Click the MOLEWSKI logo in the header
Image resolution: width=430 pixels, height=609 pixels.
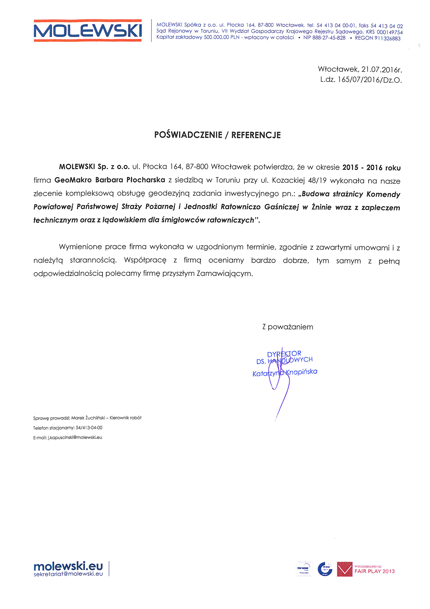point(88,30)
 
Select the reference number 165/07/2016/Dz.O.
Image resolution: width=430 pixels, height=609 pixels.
point(370,80)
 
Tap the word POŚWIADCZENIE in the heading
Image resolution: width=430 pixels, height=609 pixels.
point(188,135)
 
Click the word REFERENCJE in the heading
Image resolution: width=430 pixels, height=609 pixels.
point(256,135)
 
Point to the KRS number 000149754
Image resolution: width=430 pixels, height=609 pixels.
point(389,32)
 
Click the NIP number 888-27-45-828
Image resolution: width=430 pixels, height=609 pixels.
point(329,38)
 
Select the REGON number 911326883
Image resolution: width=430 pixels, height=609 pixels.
point(387,38)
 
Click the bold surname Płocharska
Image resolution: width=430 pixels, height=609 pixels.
point(146,180)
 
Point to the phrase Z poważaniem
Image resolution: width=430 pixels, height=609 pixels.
point(288,327)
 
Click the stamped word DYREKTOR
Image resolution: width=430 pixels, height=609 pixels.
point(284,354)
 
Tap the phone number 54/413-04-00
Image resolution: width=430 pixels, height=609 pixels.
point(89,428)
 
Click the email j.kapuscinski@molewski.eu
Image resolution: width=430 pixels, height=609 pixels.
point(75,437)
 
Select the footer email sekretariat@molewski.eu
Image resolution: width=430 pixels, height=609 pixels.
point(68,574)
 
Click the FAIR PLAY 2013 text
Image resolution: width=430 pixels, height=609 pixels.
point(374,571)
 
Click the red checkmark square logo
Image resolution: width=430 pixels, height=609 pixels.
point(345,569)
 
